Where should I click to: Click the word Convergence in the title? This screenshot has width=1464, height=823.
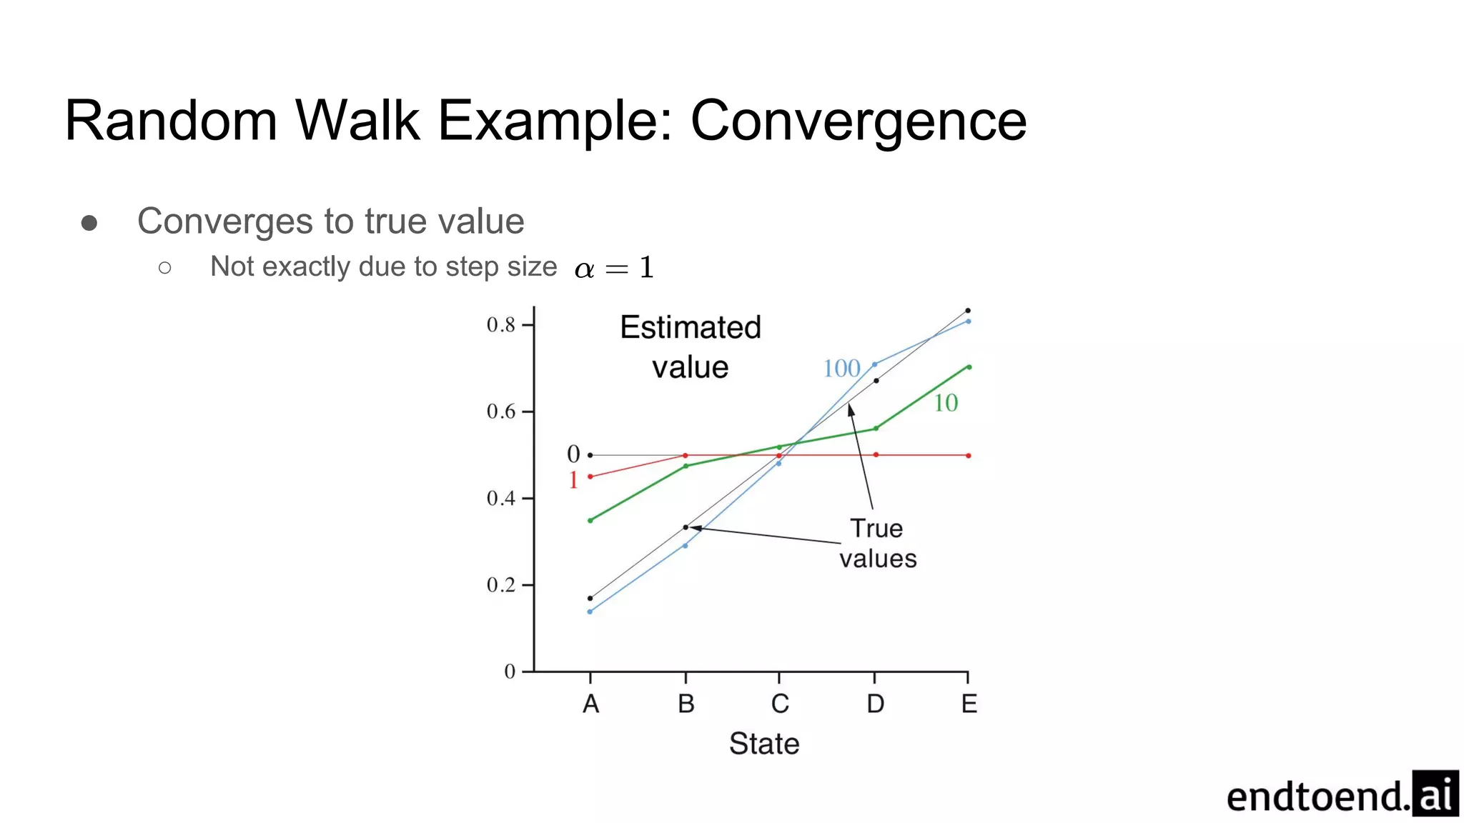click(858, 121)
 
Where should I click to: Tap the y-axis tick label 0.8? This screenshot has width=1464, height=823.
click(500, 325)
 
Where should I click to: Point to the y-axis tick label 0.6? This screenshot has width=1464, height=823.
click(500, 411)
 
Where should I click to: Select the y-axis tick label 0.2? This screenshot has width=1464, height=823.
click(500, 585)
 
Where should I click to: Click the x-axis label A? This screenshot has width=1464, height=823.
click(590, 704)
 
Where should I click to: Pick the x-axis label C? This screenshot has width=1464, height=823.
click(780, 704)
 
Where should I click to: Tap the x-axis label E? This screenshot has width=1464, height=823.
click(969, 704)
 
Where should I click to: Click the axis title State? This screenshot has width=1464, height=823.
click(763, 744)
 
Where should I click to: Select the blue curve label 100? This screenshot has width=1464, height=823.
click(841, 369)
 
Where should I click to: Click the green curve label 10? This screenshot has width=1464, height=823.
click(945, 403)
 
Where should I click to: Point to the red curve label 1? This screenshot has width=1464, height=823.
click(573, 480)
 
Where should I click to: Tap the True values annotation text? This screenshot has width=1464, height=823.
click(877, 544)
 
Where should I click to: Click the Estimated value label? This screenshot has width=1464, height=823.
click(690, 347)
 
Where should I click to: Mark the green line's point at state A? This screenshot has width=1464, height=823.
click(590, 521)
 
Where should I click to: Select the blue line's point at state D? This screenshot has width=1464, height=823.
click(874, 364)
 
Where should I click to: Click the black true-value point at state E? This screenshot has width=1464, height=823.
click(968, 311)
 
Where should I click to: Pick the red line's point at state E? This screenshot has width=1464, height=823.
click(969, 456)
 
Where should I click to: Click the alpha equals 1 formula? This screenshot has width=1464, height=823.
click(613, 268)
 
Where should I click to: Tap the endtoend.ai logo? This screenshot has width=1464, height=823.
click(1341, 794)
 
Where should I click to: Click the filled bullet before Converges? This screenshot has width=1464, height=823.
click(89, 224)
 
